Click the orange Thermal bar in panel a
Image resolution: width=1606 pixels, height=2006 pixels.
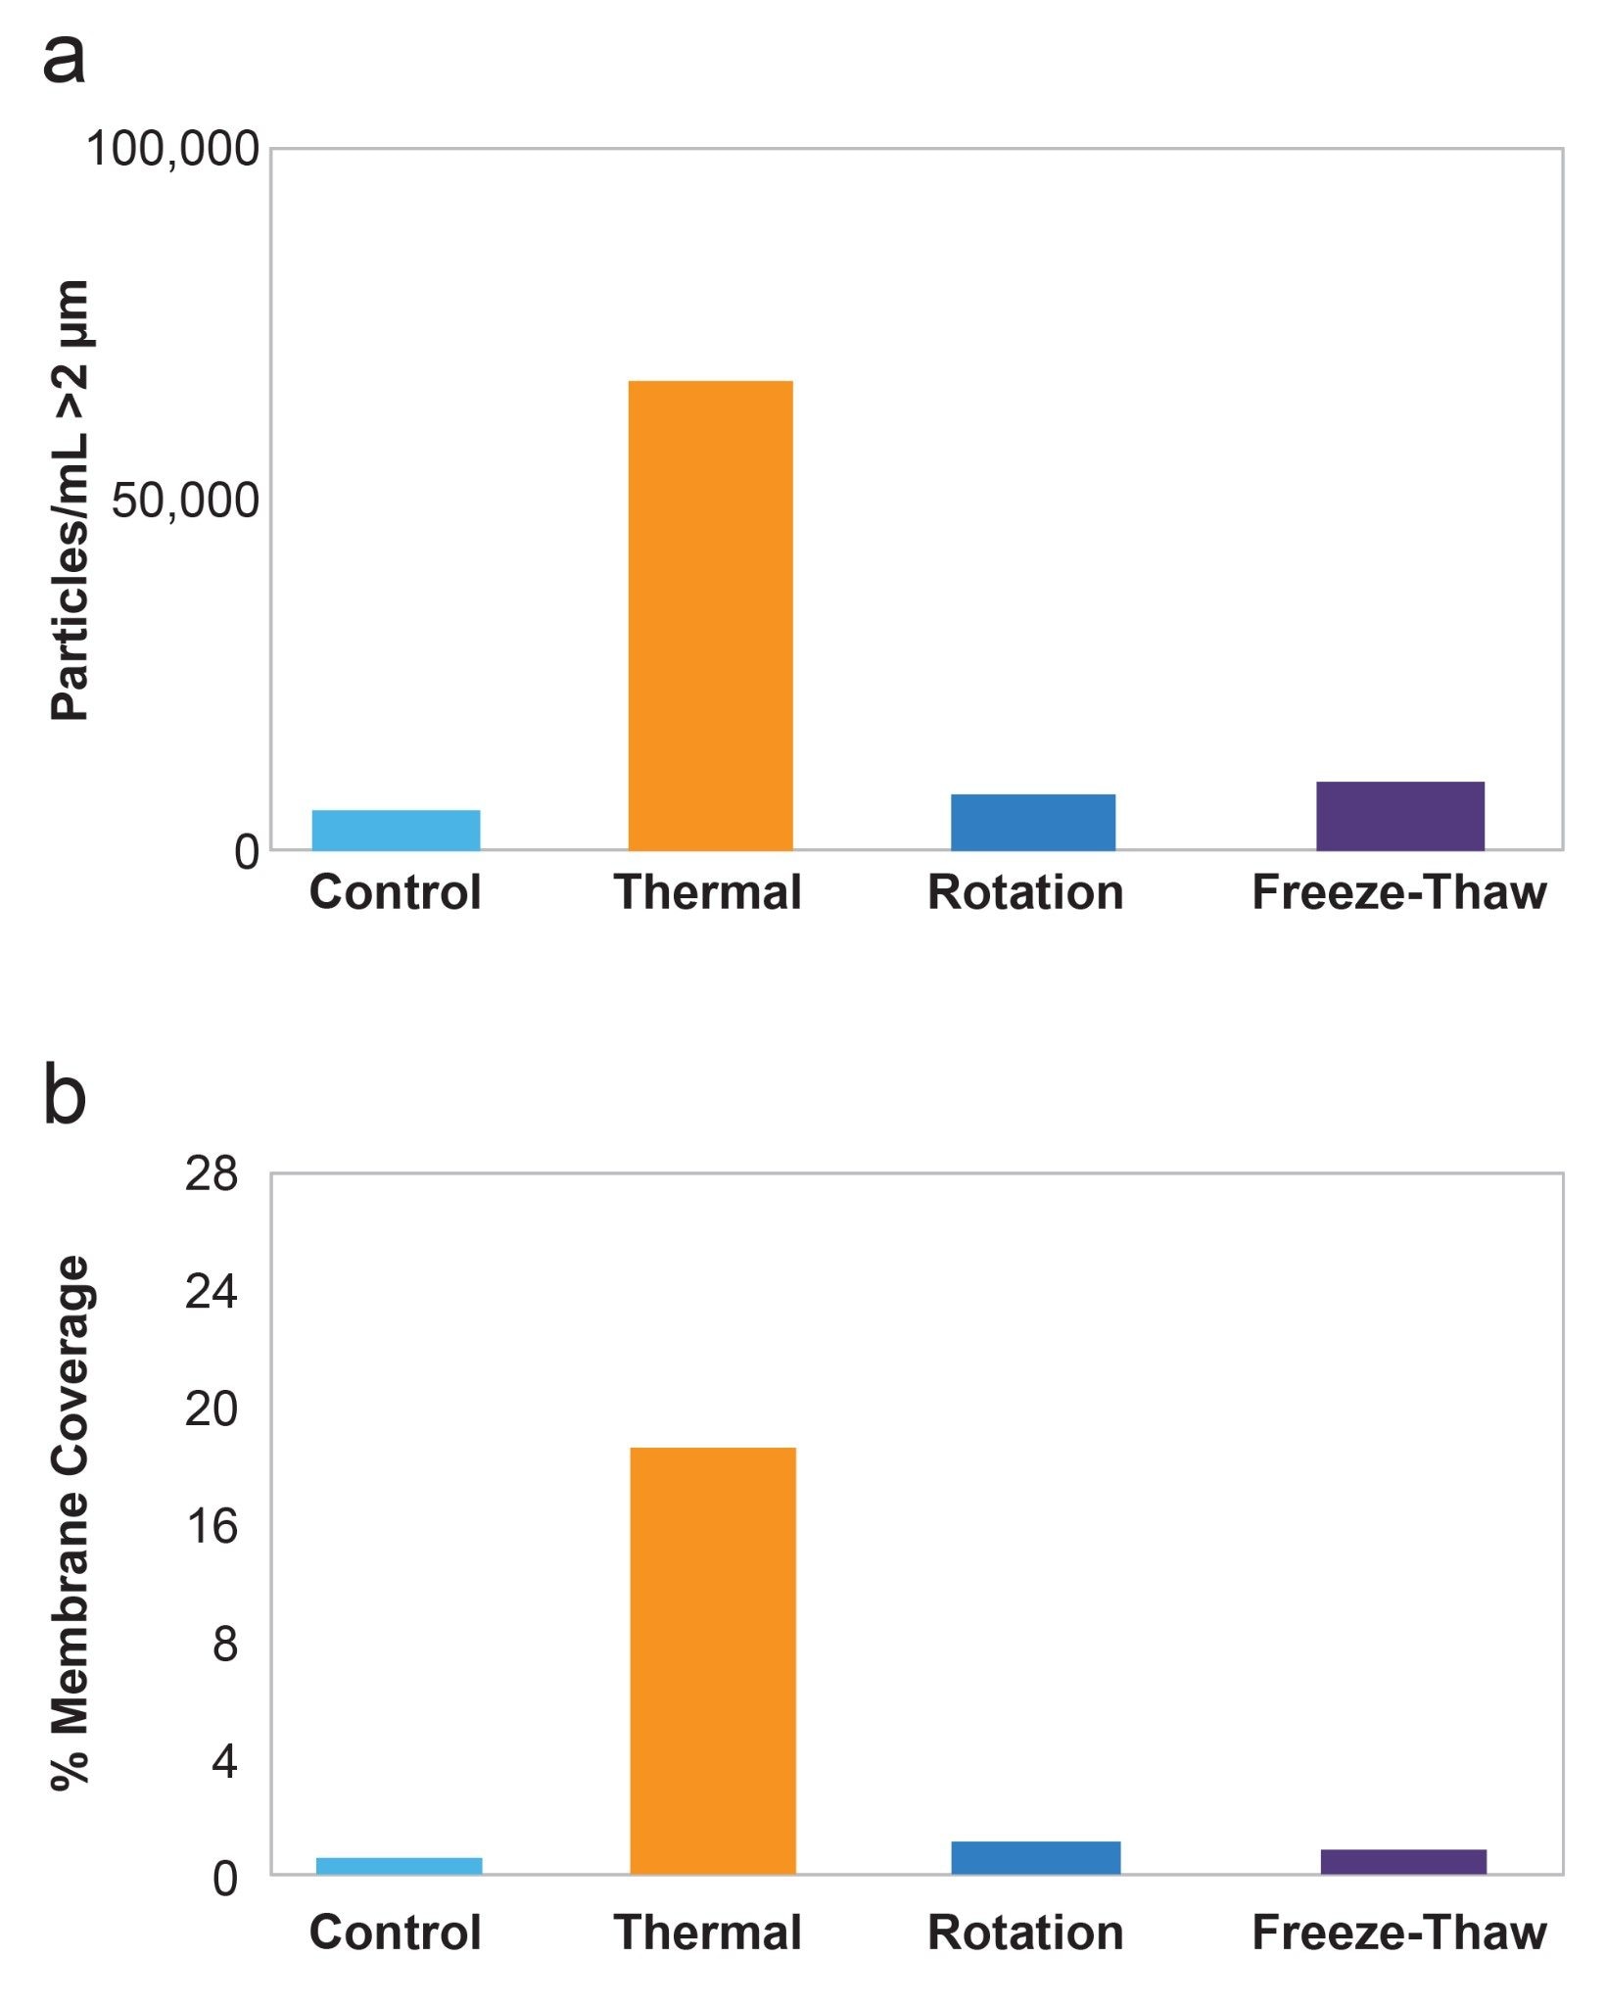710,615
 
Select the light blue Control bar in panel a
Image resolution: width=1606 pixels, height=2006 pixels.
396,831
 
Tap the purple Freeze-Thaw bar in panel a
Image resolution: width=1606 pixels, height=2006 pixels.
1399,816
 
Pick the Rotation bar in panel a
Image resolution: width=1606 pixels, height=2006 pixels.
1033,823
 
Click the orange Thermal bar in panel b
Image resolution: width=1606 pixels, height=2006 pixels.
713,1660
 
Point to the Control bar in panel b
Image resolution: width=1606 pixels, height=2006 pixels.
399,1866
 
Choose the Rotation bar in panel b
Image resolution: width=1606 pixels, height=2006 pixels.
1035,1858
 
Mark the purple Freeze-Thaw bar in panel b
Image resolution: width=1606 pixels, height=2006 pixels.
1402,1862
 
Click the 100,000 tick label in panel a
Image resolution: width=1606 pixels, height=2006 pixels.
173,150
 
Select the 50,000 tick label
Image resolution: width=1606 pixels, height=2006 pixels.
185,501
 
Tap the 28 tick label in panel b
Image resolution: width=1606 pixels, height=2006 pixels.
211,1173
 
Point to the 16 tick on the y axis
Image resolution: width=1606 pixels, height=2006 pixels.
211,1526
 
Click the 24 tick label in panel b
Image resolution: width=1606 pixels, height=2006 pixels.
211,1291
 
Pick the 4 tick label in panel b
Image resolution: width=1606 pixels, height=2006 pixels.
224,1761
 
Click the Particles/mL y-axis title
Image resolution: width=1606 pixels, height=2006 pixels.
71,501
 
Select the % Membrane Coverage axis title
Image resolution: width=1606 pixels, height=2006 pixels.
71,1524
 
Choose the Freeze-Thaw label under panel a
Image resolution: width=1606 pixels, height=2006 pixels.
1398,892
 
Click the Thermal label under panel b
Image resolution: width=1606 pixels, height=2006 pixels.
707,1933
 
